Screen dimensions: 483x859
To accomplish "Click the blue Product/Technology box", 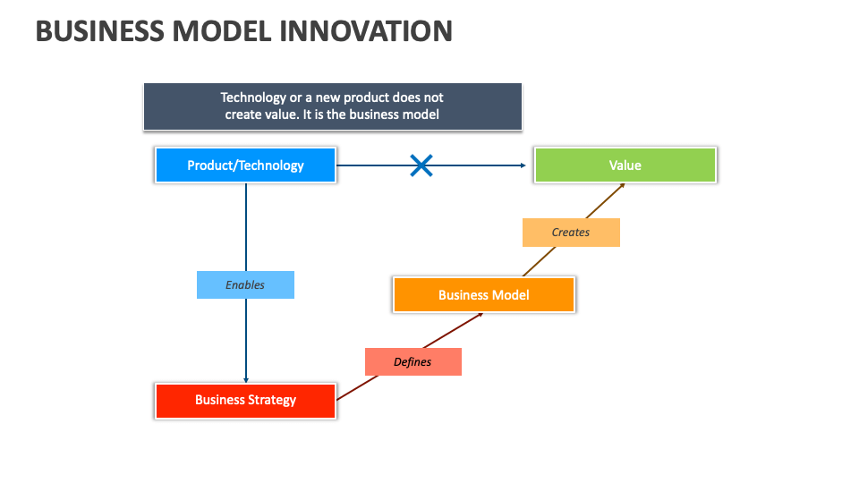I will click(245, 165).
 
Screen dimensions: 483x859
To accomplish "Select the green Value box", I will click(625, 165).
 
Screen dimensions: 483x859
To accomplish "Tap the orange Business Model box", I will click(483, 294).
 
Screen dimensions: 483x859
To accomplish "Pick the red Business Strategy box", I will click(245, 400).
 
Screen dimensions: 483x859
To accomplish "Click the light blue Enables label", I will click(245, 284).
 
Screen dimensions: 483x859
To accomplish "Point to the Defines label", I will click(412, 361).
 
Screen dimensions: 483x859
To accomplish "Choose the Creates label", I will click(571, 233).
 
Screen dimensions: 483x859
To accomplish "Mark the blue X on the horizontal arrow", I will click(421, 165).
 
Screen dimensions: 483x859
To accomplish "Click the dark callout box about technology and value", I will click(332, 106).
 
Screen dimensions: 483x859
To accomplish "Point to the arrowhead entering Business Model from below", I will click(480, 315).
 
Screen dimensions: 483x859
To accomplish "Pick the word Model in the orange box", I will click(510, 295).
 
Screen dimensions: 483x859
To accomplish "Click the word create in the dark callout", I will click(242, 114).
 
